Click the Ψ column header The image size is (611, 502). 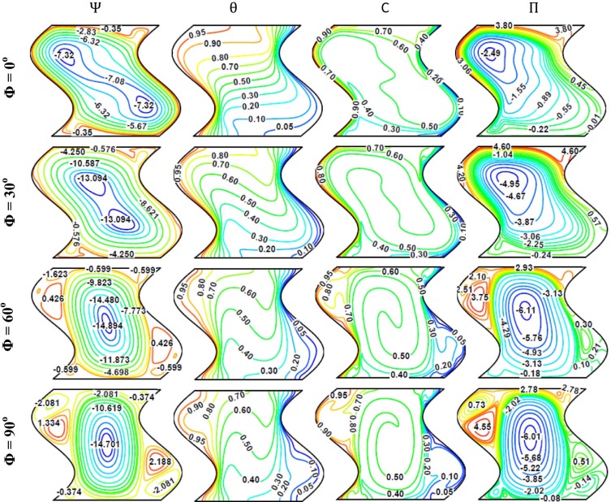coord(93,11)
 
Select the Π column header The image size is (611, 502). coord(534,11)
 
